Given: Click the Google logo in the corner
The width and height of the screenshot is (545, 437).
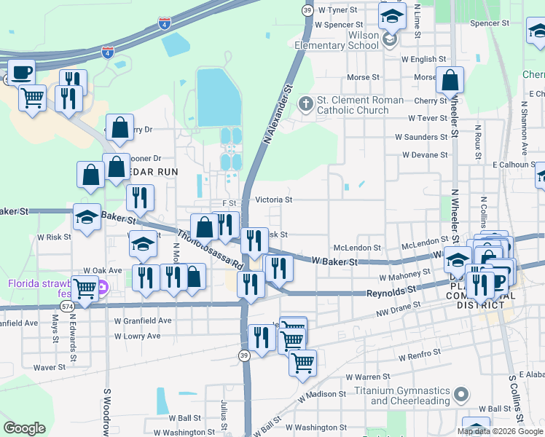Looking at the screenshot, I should pyautogui.click(x=25, y=428).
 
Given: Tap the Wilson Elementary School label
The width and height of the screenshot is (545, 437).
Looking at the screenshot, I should pyautogui.click(x=337, y=40).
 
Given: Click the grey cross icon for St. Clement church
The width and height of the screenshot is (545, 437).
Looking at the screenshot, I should pyautogui.click(x=305, y=105).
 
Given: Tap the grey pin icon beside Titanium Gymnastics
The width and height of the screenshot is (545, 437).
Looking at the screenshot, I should pyautogui.click(x=460, y=395).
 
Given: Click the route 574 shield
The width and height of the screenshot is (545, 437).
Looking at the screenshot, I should pyautogui.click(x=68, y=307).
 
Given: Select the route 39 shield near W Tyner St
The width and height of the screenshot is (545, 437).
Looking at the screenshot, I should pyautogui.click(x=307, y=9).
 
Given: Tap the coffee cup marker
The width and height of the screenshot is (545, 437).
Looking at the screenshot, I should pyautogui.click(x=21, y=74).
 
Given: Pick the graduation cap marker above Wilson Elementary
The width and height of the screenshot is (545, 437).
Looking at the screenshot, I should pyautogui.click(x=392, y=15).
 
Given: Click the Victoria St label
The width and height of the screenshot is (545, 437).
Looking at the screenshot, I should pyautogui.click(x=273, y=200).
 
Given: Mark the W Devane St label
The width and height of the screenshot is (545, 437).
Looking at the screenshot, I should pyautogui.click(x=425, y=155).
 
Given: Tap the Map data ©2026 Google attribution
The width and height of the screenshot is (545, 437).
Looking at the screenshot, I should pyautogui.click(x=500, y=431).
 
